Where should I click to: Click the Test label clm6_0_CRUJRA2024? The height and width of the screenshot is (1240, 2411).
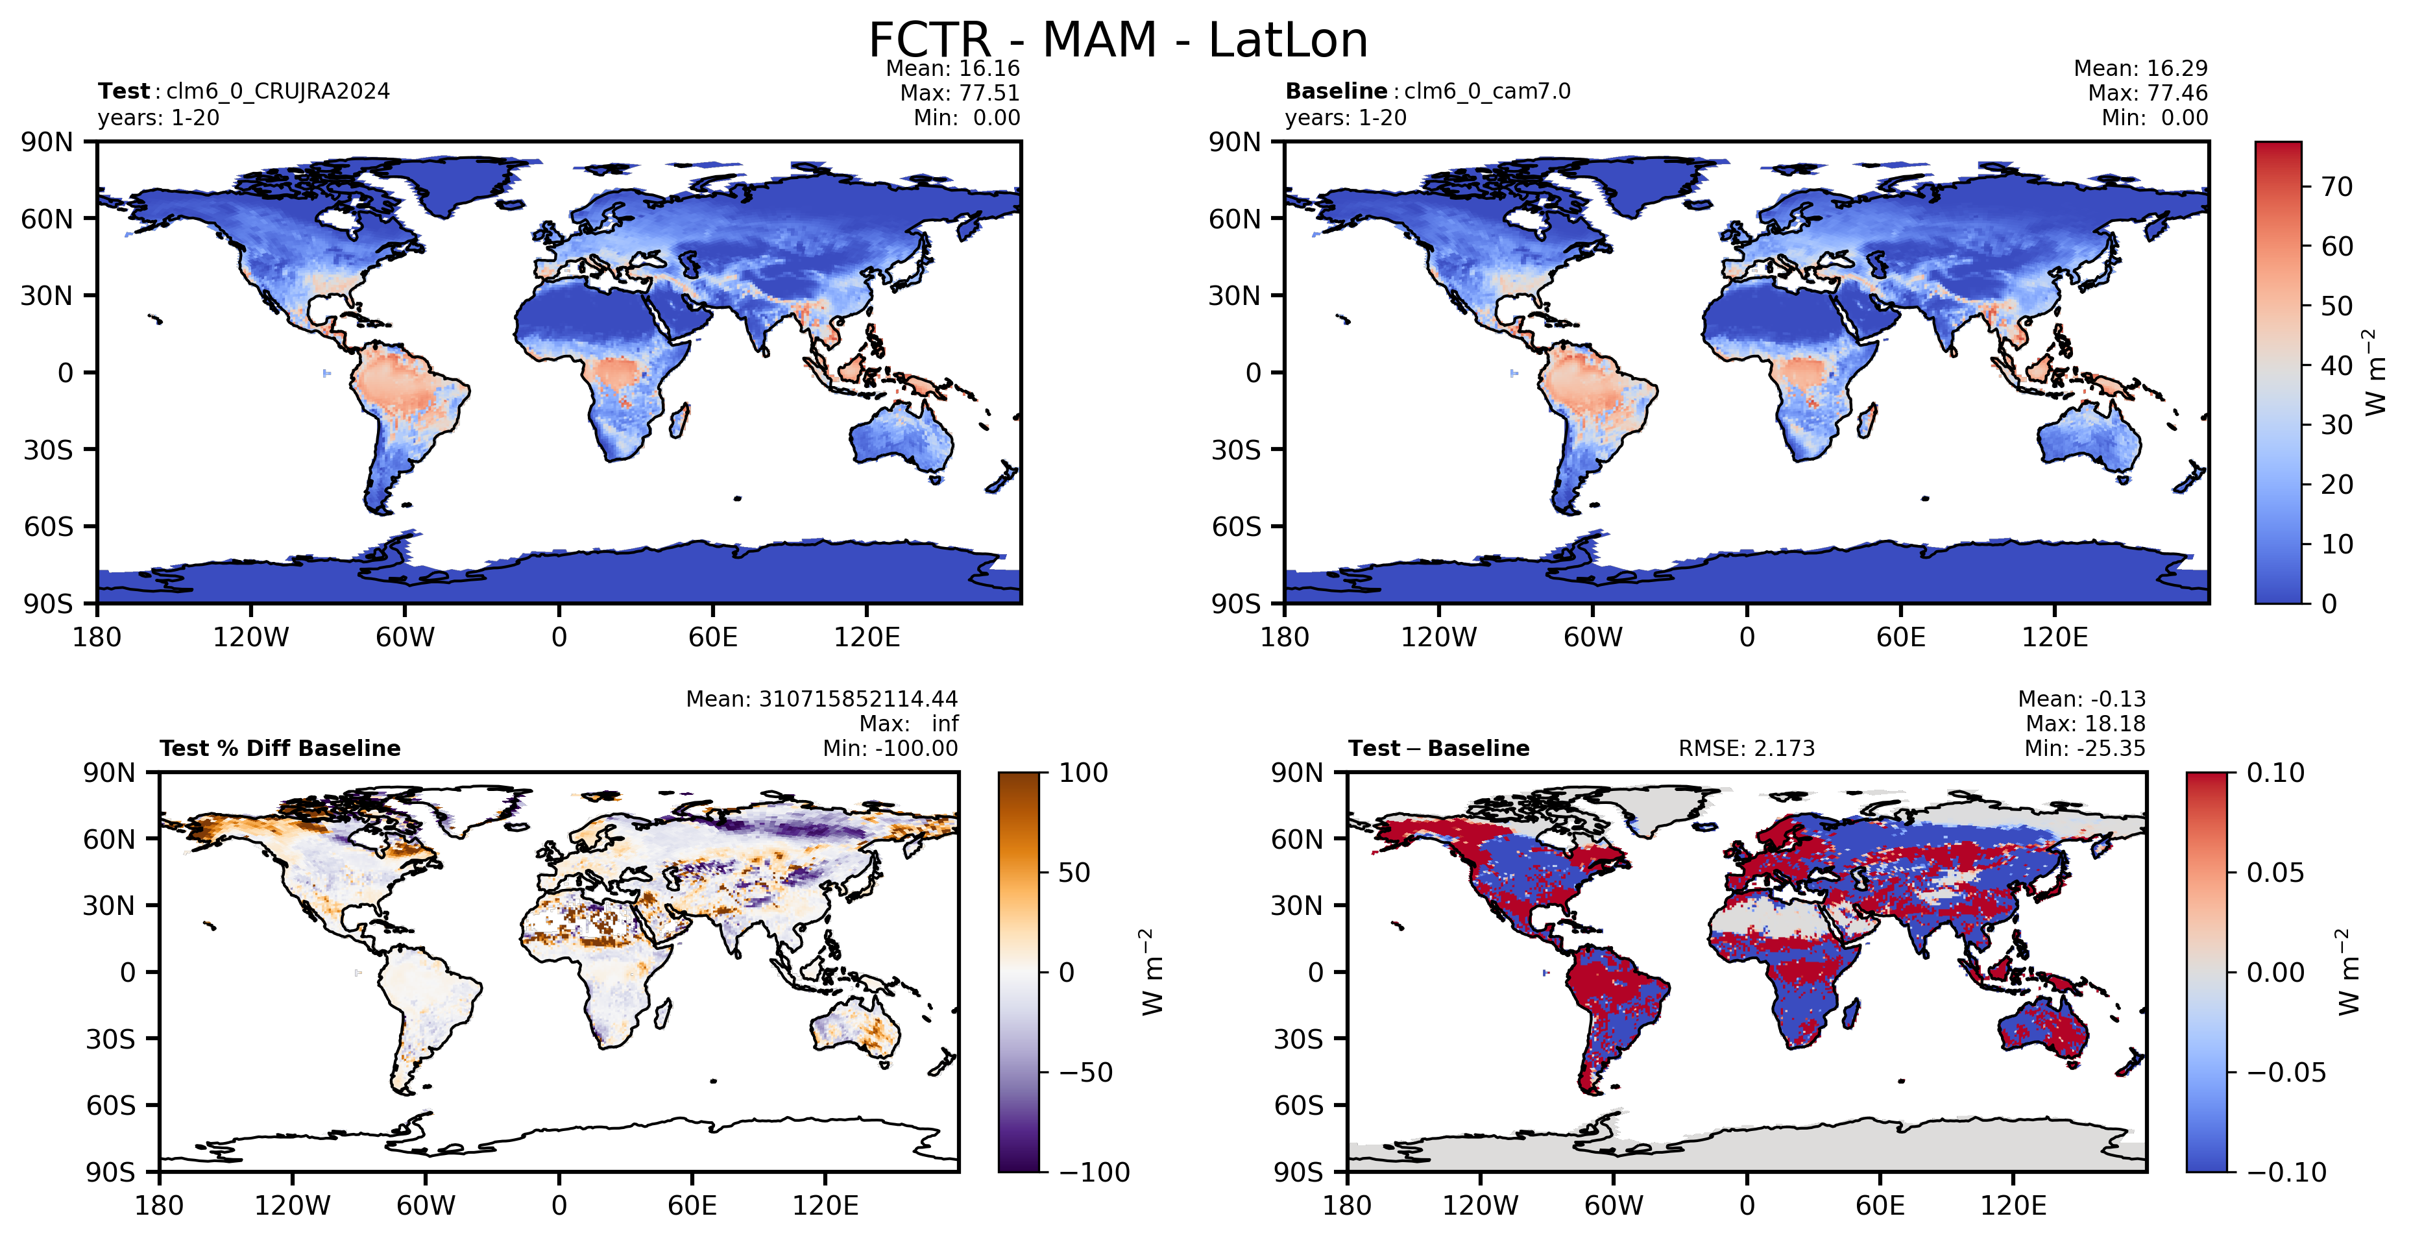[278, 91]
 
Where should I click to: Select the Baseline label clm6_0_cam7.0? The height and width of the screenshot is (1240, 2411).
[1487, 91]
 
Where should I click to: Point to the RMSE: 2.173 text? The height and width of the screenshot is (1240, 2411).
[1747, 749]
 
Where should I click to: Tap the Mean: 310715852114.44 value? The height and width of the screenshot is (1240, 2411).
[822, 699]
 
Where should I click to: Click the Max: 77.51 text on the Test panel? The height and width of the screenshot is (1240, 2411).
[960, 93]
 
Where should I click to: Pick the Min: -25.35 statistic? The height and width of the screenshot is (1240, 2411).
[2085, 749]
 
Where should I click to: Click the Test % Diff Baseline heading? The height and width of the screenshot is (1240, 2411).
[280, 749]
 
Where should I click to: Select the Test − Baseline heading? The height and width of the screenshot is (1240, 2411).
[1438, 749]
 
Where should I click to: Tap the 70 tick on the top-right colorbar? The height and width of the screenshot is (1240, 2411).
[2337, 187]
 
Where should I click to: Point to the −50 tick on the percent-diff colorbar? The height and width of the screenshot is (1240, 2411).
[1085, 1073]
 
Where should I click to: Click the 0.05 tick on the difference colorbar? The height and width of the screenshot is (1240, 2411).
[2276, 872]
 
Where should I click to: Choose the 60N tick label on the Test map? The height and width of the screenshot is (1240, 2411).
[47, 219]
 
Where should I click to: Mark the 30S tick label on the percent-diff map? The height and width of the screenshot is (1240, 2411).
[110, 1039]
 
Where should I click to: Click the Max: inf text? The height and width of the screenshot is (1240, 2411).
[909, 723]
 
